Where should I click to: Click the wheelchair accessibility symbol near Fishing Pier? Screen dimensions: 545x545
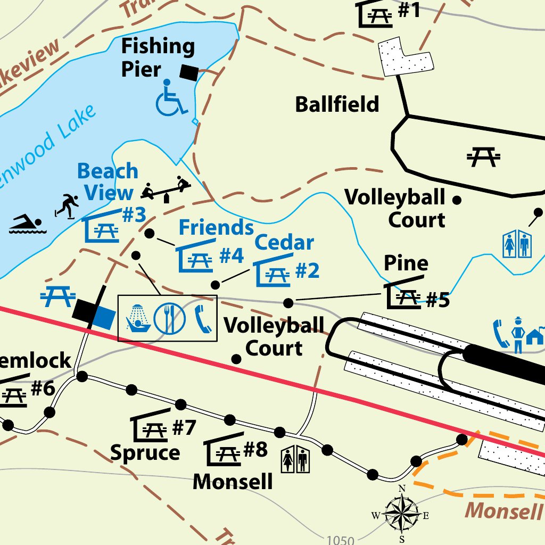[171, 97]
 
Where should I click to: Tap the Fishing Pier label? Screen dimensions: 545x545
[158, 57]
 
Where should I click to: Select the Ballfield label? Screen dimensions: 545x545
[337, 104]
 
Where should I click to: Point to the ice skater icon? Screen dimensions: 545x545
[68, 205]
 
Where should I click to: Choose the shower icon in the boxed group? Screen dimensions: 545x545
[137, 319]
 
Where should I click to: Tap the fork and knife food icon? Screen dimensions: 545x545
[169, 318]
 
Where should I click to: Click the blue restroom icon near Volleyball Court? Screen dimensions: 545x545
[517, 244]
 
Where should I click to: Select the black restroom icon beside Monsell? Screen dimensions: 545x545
[295, 459]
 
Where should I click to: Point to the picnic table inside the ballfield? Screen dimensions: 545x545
[483, 156]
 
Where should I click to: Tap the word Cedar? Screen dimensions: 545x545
[284, 243]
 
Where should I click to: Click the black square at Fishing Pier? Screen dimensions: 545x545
[188, 72]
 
